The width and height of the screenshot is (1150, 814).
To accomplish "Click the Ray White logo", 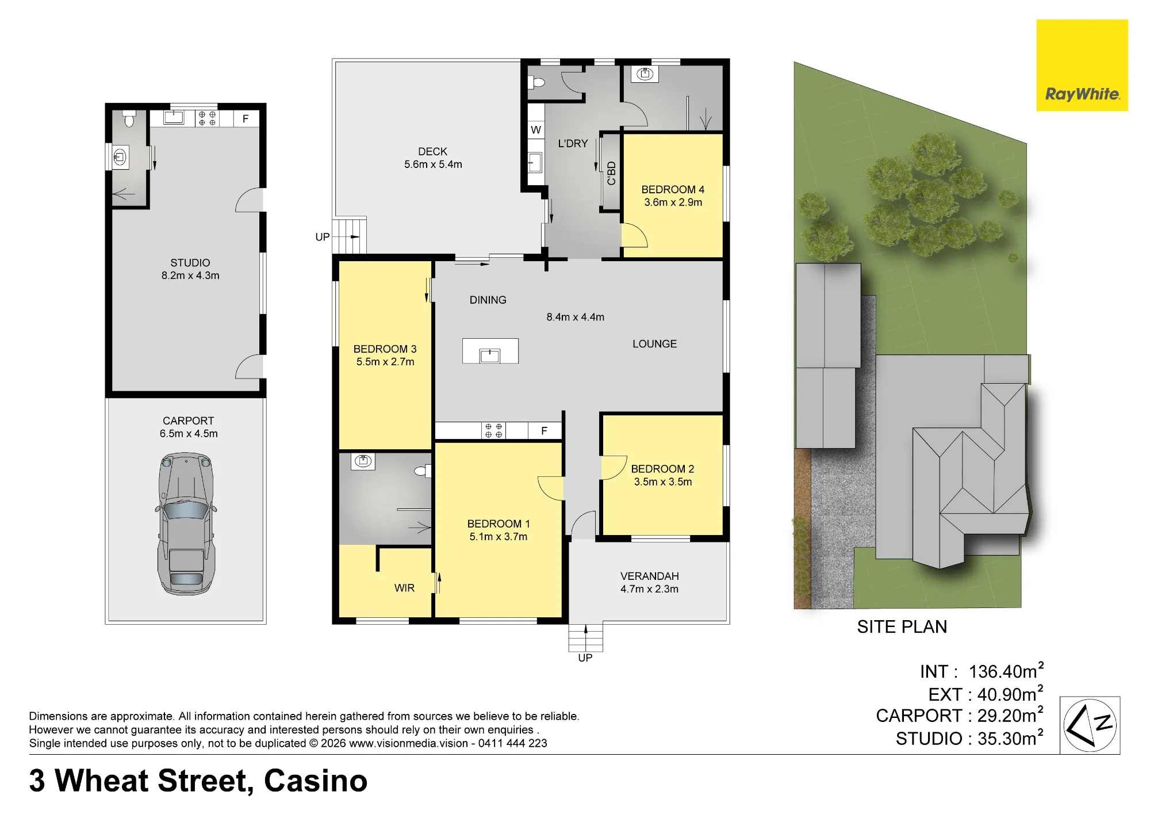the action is [x=1082, y=65].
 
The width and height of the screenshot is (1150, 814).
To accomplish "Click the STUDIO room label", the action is [x=190, y=263].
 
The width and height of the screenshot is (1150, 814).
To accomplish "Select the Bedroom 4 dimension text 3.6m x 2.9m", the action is [x=673, y=202].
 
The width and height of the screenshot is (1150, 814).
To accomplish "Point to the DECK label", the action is [x=432, y=152].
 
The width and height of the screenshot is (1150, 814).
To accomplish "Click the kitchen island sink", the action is [x=490, y=355].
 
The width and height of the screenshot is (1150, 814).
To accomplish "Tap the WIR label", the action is [x=404, y=588].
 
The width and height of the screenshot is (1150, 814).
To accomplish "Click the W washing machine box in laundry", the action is [x=536, y=129].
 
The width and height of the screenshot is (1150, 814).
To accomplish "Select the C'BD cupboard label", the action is [x=611, y=173].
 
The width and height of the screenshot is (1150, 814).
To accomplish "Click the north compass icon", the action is [x=1090, y=725].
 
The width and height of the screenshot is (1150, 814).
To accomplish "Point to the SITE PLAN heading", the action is [x=902, y=627].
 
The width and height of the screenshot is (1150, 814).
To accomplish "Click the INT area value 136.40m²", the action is [x=1006, y=671].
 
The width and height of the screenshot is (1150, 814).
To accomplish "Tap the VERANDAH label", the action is [x=649, y=576].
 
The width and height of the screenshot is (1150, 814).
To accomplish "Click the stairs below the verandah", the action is [x=585, y=637].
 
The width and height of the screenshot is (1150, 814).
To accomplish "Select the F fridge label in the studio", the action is [x=246, y=119].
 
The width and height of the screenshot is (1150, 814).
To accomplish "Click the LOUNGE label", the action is [x=654, y=344].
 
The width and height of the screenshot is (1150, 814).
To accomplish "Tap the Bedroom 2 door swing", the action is [x=614, y=468].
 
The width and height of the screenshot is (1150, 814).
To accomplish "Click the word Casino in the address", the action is [x=316, y=781].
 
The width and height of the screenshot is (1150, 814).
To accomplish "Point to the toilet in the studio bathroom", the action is [x=129, y=119].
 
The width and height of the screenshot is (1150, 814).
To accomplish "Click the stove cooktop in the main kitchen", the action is [x=493, y=431].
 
